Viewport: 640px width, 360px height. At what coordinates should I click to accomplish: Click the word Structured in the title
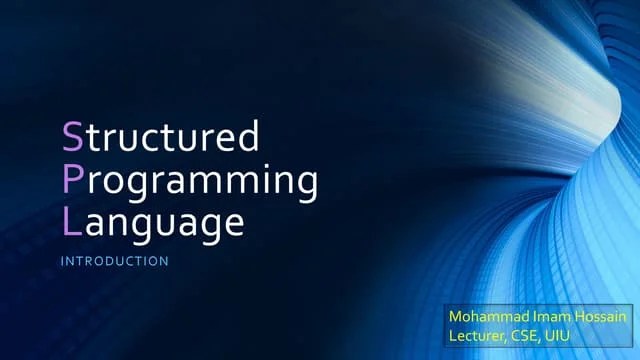[160, 135]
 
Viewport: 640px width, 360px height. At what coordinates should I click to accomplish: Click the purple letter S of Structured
[72, 135]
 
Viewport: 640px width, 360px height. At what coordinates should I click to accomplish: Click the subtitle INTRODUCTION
[115, 262]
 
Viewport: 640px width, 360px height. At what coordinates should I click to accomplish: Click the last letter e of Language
[233, 222]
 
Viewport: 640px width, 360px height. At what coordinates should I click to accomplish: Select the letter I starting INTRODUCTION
[63, 262]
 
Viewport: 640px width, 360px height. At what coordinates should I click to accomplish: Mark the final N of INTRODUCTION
[164, 262]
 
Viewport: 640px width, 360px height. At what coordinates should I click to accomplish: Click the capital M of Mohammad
[457, 317]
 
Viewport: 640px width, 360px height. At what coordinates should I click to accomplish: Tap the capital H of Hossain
[577, 317]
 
